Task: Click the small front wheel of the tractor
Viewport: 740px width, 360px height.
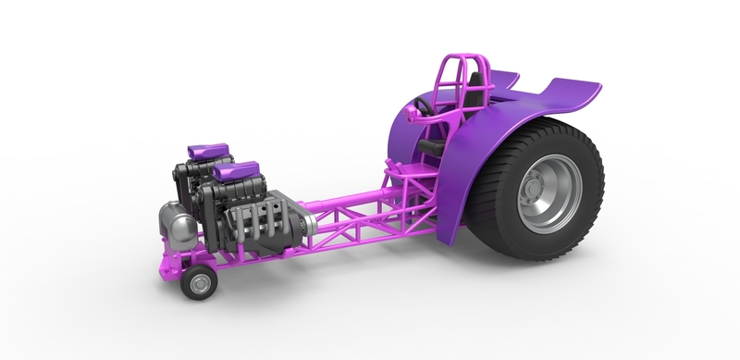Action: point(197,283)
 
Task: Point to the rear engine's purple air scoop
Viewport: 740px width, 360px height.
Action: point(205,148)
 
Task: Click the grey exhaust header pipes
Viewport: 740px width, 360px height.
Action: point(253,227)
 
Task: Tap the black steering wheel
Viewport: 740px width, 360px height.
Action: point(424,106)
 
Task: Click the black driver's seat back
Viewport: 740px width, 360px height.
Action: point(473,93)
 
